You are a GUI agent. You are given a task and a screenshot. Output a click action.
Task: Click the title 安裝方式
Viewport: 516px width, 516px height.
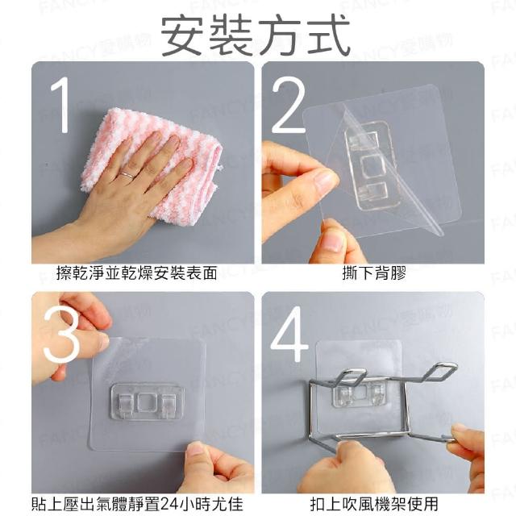pos(256,35)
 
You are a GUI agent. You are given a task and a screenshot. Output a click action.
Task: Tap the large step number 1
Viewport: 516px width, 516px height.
pos(60,105)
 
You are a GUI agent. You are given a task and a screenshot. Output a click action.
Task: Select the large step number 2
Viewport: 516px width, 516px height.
pos(288,105)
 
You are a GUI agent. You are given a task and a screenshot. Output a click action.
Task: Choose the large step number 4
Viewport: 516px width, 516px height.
pos(289,334)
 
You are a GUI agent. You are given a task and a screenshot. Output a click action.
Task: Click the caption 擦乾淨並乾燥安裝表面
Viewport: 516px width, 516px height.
pos(136,274)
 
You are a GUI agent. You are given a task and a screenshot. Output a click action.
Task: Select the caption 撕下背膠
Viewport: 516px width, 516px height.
pos(374,274)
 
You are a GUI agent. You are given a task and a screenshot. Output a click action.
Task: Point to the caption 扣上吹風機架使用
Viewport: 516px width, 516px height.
pos(374,504)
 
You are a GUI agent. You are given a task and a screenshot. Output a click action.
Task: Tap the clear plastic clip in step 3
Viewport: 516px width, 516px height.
pos(147,402)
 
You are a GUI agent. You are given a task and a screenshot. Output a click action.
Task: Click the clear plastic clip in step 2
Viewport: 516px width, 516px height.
pos(371,166)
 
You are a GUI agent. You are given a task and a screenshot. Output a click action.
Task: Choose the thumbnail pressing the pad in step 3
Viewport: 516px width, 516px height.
pos(195,450)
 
